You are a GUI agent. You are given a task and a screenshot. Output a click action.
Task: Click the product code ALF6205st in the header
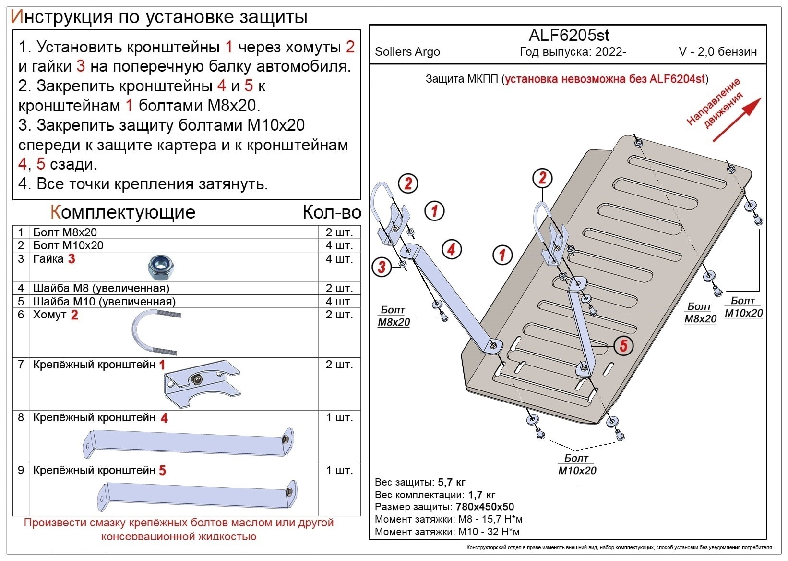tap(569, 35)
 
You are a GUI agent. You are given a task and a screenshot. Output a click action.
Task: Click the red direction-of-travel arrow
tap(737, 120)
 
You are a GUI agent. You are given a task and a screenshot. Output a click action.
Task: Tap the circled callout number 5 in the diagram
tap(623, 345)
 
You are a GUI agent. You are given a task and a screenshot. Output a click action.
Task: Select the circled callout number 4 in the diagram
tap(451, 249)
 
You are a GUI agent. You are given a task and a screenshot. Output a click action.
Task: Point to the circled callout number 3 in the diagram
tap(382, 267)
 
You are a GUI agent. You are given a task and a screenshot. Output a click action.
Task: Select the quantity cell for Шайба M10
tap(339, 302)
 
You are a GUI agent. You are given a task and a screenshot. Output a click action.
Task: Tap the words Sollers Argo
tap(407, 52)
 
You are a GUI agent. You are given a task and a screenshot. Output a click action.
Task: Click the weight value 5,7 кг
tap(451, 482)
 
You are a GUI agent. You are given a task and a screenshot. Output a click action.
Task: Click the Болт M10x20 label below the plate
tap(577, 464)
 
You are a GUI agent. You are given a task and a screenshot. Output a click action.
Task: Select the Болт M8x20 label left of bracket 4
tap(394, 316)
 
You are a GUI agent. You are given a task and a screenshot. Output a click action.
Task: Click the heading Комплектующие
tap(123, 212)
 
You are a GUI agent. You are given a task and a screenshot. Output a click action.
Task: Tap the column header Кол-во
tap(331, 212)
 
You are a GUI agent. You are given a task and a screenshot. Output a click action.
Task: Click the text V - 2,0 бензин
tap(717, 52)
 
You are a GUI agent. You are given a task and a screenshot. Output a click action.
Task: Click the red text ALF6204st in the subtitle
tap(677, 79)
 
